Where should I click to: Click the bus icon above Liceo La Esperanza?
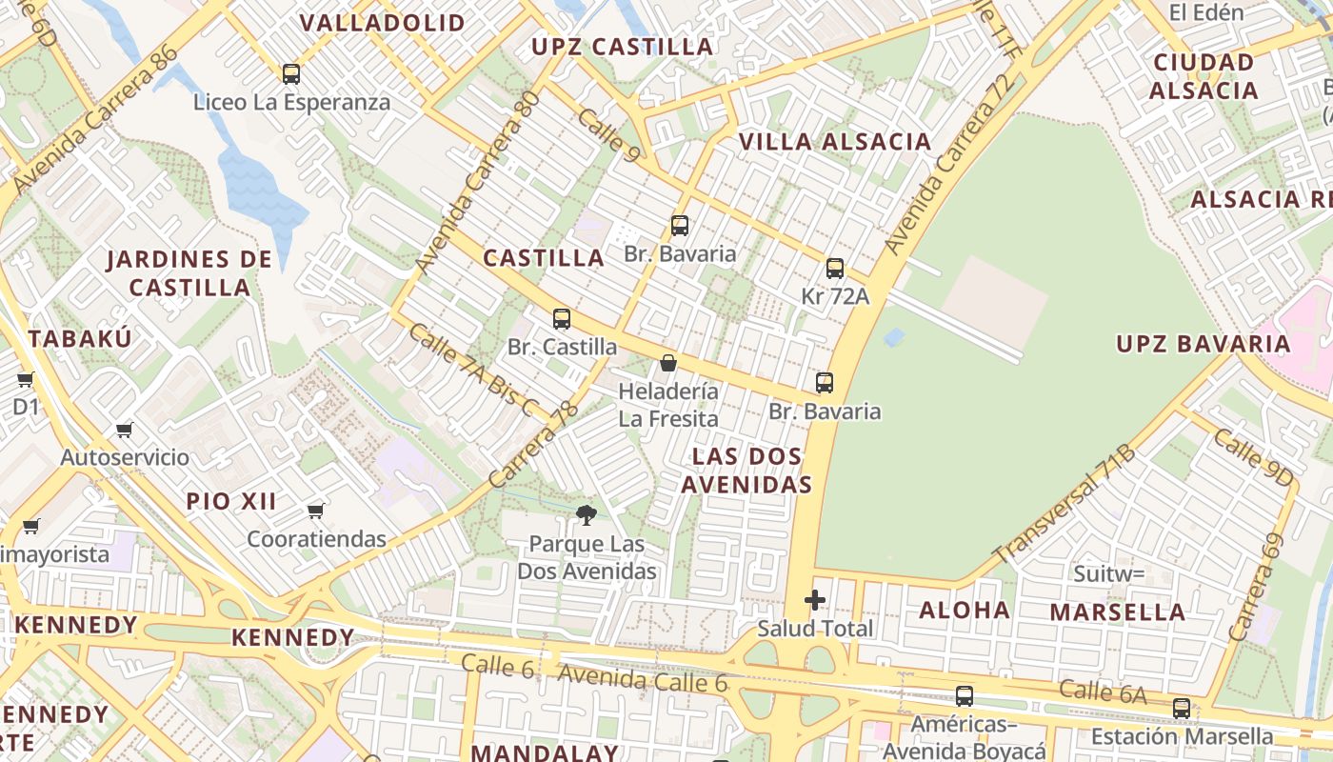291,73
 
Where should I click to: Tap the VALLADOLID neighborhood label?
383,23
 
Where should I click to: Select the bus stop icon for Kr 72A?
835,269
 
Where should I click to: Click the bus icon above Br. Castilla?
562,319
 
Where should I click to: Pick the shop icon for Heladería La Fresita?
668,363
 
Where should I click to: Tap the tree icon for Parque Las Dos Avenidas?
587,515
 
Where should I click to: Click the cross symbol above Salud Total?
815,600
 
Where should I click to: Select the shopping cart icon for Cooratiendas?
316,511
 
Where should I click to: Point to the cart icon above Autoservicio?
125,430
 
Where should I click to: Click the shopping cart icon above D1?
26,379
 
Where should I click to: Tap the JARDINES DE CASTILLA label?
189,272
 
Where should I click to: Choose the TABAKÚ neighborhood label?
80,338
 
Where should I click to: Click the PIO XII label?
231,501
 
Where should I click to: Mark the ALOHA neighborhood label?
964,611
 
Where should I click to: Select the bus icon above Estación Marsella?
1182,708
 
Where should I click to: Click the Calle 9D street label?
1253,457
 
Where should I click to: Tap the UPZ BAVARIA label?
1204,344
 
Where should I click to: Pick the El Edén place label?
1206,12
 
